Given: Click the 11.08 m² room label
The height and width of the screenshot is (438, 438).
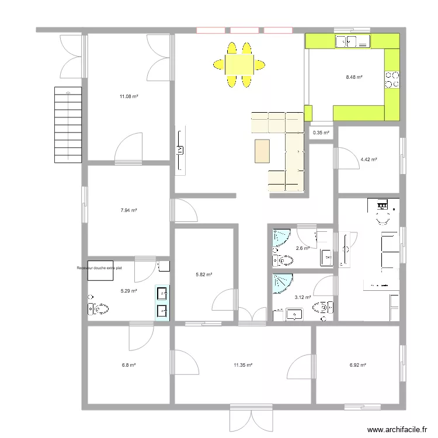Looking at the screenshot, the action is point(129,96).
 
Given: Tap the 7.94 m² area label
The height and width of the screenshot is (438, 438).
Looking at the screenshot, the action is point(129,210).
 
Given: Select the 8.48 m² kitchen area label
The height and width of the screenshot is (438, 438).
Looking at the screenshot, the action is point(354,77).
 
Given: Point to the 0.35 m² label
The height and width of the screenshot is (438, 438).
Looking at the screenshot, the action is point(321,133).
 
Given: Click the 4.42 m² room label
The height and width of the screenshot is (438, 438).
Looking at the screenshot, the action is point(369,160).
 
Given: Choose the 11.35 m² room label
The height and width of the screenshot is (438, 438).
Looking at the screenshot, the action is point(243,365).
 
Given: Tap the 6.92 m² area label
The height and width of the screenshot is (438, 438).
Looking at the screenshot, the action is point(358,365).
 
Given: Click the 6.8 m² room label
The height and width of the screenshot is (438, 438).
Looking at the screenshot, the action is point(129,365).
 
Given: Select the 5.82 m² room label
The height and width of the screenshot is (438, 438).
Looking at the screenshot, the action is point(204,274).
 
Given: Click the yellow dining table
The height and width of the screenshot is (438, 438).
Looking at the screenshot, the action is point(239,65).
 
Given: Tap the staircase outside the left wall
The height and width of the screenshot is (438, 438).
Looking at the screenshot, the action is point(68,125).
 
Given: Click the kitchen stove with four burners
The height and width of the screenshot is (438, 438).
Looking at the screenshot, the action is point(392,79).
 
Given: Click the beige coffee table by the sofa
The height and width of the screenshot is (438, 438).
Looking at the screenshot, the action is point(262,151).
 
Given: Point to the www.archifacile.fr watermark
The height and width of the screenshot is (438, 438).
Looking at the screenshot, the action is point(397,429).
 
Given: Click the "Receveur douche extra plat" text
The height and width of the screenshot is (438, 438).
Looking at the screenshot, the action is point(99,268).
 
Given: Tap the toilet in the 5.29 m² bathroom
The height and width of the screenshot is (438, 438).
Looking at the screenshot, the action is point(98,309).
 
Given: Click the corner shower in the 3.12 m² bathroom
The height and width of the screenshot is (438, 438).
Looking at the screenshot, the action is point(283,283).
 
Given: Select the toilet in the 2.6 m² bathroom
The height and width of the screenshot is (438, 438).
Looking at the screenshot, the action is point(283,260).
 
